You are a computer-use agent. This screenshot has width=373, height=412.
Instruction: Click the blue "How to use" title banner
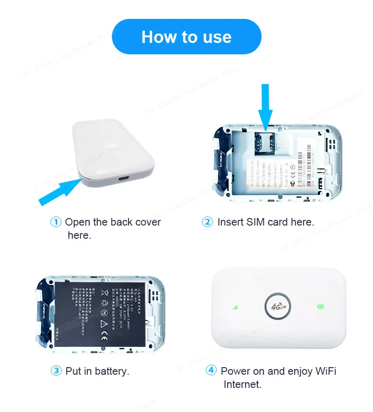point(186,37)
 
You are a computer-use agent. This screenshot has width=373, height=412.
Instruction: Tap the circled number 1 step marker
point(56,222)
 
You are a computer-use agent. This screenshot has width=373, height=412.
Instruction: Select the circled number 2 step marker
point(207,222)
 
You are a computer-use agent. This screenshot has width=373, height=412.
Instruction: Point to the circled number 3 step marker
point(56,371)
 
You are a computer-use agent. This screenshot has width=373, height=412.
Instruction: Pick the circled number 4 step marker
point(212,370)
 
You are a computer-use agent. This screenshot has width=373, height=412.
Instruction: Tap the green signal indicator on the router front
point(235,307)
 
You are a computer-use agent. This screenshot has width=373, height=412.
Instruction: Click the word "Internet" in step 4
point(242,384)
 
